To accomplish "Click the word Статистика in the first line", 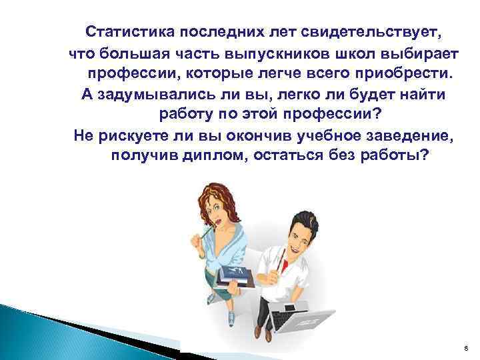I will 127,31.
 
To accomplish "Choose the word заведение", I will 399,136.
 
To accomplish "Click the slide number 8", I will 465,347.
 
